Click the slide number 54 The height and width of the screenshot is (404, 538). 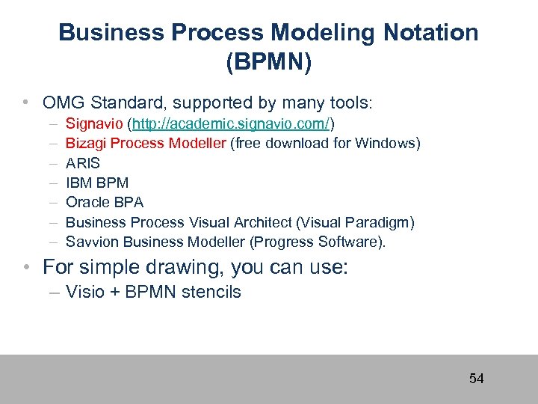476,379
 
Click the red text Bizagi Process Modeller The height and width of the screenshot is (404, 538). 146,143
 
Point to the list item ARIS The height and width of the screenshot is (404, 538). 82,163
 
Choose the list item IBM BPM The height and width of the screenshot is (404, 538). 97,183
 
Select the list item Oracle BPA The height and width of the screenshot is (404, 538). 105,202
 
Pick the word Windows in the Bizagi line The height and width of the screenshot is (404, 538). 385,143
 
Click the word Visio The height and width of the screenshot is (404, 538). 84,292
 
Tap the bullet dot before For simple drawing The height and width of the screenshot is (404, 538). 26,267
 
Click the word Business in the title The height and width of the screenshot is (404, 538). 109,32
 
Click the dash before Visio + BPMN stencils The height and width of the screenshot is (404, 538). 55,293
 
